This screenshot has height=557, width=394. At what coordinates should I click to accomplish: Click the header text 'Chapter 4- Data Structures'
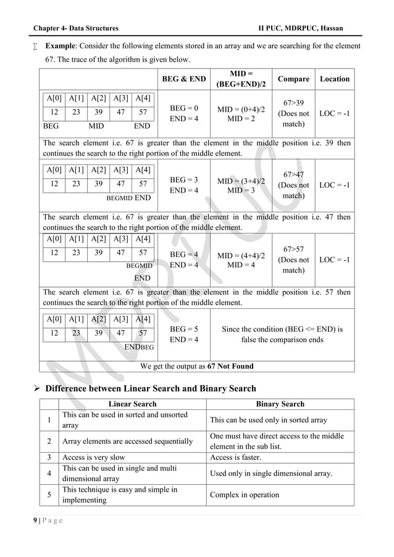[76, 29]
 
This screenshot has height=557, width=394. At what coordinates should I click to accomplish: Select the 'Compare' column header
[293, 79]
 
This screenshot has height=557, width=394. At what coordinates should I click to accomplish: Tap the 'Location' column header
[334, 79]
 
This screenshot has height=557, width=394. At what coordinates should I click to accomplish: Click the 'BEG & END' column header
[183, 79]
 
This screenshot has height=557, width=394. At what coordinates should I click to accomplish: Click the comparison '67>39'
[293, 103]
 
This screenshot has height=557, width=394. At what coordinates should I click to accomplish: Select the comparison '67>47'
[293, 174]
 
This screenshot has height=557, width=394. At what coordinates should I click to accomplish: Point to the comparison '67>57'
[293, 248]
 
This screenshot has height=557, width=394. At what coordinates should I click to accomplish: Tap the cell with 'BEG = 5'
[183, 329]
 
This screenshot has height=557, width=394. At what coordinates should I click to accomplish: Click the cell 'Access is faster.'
[236, 458]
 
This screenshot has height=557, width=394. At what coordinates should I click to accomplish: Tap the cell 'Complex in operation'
[244, 495]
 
